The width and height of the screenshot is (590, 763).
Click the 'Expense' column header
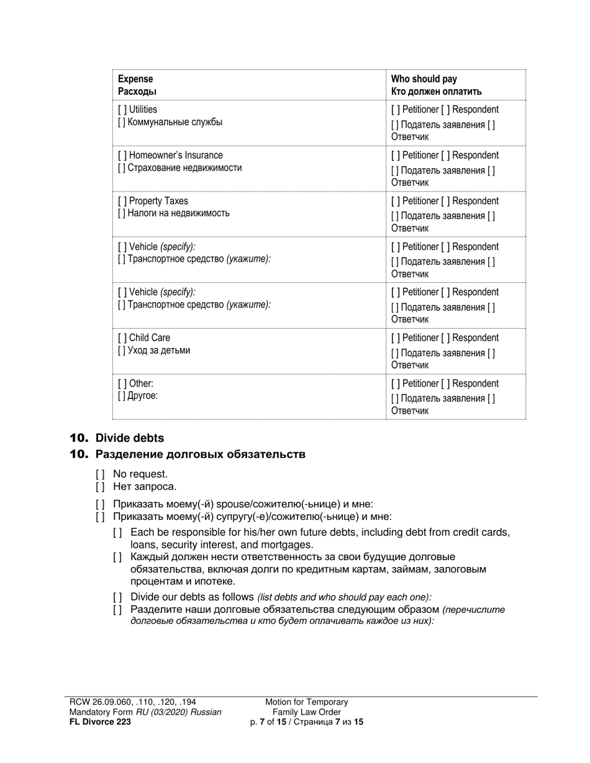coord(135,79)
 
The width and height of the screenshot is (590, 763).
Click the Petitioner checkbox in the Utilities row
coord(396,110)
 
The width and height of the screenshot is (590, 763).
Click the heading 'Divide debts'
coord(129,438)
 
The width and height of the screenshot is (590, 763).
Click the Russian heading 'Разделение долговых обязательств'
coord(200,455)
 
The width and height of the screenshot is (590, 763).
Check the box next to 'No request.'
coord(100,475)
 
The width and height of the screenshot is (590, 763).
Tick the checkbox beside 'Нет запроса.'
coord(100,487)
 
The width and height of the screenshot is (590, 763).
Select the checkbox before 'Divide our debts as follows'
coord(117,597)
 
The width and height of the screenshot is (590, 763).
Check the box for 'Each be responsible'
coord(117,533)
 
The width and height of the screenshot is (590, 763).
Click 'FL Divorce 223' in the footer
coord(100,721)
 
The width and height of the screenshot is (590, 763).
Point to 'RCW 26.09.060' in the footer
coord(99,702)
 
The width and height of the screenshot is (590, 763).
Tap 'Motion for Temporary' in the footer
coord(306,702)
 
